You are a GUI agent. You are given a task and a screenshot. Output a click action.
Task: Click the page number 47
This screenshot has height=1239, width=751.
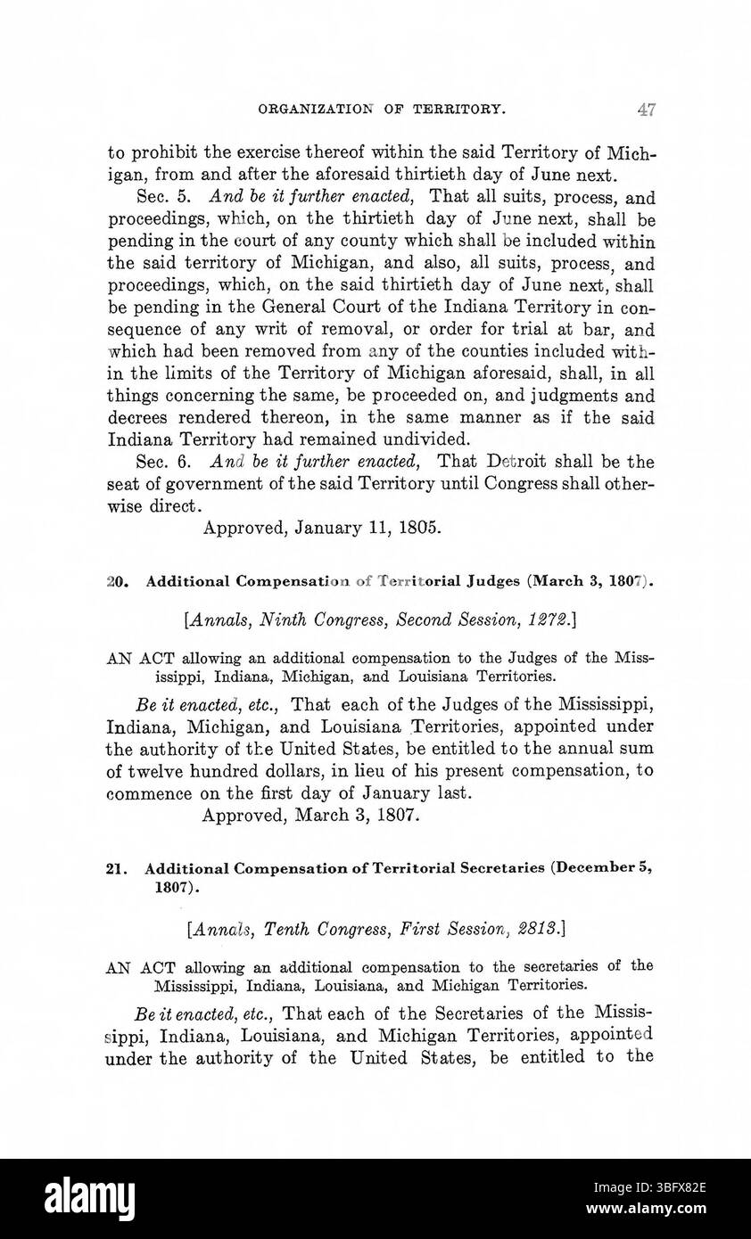click(647, 110)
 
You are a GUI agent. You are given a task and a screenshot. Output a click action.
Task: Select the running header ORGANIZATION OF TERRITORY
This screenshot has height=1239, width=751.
click(383, 110)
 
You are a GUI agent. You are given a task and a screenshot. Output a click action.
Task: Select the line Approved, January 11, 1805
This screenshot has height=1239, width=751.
click(322, 527)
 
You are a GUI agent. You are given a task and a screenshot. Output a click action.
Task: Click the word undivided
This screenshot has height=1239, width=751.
click(421, 439)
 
